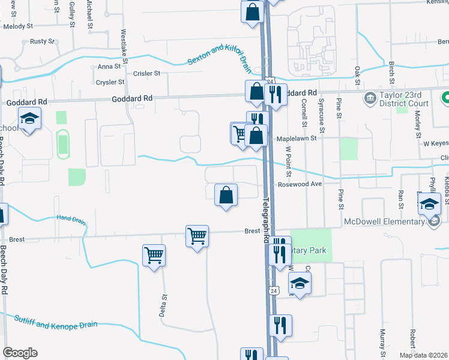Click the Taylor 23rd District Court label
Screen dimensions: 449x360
[x=403, y=99]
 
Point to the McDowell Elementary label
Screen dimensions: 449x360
[x=384, y=221]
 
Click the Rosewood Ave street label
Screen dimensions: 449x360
[x=300, y=185]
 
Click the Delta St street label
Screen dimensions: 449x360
[x=163, y=304]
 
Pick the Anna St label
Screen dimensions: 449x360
[x=109, y=67]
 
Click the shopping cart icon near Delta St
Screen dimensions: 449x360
[x=154, y=255]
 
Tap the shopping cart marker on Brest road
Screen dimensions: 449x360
[x=197, y=236]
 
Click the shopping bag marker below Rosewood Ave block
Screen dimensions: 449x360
[x=226, y=195]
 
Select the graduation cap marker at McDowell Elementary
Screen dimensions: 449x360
[x=429, y=205]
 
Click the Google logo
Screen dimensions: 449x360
[x=20, y=353]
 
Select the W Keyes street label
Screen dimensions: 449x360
[x=436, y=144]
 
